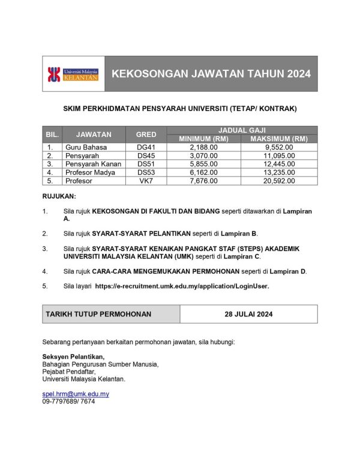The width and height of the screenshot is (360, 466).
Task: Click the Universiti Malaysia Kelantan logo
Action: pos(73,74)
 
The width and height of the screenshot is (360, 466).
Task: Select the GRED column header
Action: pos(146,135)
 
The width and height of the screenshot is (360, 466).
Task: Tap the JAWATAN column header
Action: pos(94,135)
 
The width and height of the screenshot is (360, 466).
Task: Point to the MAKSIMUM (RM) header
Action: pos(279,139)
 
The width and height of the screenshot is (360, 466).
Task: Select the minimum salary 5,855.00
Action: pos(203,164)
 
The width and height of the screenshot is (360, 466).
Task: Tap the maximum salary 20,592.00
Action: pos(279,181)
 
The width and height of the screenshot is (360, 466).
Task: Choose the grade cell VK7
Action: pos(146,181)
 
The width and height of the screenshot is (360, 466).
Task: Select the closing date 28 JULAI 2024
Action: pos(248,314)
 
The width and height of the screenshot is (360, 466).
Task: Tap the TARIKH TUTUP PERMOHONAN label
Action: pos(98,314)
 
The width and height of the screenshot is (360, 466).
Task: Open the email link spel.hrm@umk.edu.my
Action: pos(76,394)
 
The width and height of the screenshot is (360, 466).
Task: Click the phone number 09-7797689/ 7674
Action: pos(68,401)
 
